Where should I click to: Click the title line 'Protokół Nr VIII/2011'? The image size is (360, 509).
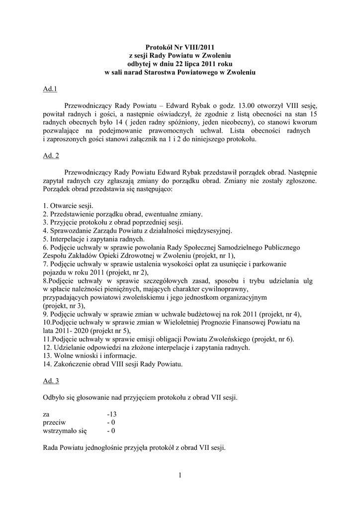pos(180,47)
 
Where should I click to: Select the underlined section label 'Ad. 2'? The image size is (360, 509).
pos(51,156)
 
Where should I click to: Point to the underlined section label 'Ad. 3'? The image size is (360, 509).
pos(51,381)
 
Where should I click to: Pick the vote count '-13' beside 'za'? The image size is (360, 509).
pos(111,414)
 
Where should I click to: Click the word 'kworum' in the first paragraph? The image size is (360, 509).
pos(304,122)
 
